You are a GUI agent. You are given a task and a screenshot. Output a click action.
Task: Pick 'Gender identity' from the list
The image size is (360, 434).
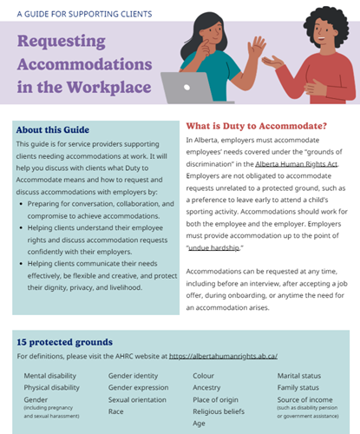[133, 376]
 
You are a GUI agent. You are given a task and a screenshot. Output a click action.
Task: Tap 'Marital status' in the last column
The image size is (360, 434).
[302, 376]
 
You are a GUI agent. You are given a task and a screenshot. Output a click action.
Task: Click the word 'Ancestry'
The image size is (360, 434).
[208, 389]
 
